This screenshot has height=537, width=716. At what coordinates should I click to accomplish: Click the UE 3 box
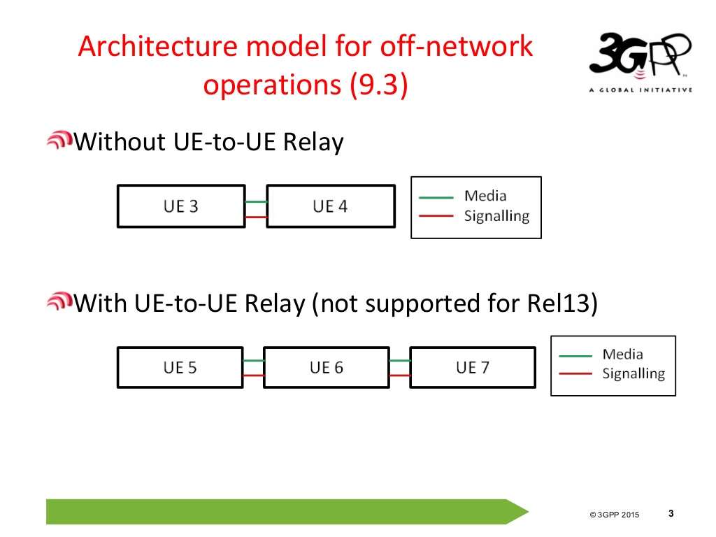point(181,206)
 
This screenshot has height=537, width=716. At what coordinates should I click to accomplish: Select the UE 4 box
point(331,206)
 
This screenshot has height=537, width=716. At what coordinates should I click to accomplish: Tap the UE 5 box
point(180,367)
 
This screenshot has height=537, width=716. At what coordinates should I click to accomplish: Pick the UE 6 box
point(327,367)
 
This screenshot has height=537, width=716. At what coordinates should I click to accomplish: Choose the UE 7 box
point(473,367)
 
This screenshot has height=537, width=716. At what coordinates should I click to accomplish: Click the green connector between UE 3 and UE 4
point(256,202)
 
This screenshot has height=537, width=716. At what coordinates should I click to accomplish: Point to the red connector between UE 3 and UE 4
point(256,217)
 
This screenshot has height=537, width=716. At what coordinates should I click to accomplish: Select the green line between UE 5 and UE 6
point(253,361)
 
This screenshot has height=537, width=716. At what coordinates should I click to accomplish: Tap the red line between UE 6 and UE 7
point(399,375)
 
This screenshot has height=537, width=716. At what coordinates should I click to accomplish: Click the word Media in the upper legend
point(485,196)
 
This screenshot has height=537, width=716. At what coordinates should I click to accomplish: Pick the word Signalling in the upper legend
point(496,216)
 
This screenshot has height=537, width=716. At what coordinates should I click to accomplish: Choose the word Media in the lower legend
point(622,355)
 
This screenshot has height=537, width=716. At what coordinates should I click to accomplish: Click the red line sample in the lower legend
point(576,373)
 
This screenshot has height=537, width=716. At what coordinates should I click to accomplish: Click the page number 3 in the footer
point(671,514)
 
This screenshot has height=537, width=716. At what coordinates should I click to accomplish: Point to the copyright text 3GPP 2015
point(615,515)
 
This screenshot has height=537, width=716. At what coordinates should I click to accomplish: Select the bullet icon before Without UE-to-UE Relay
point(59,141)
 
